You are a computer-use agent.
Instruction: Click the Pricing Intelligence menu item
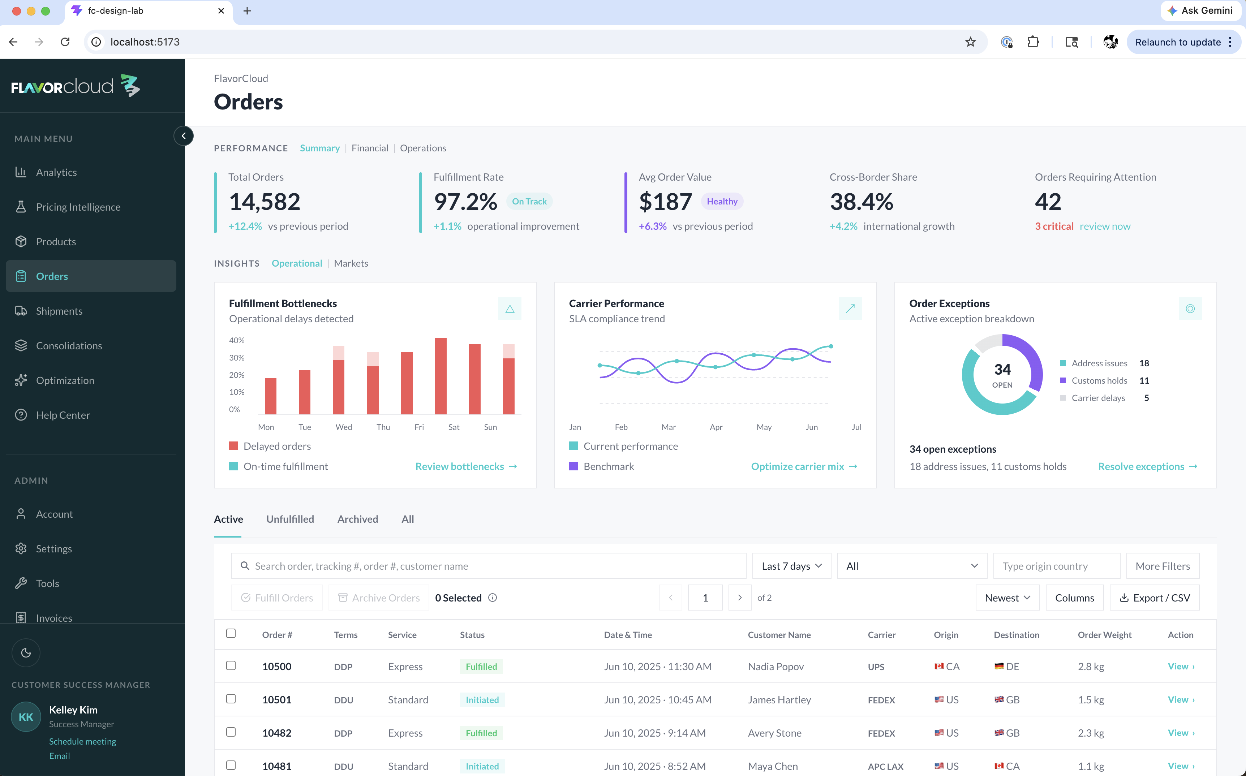[78, 207]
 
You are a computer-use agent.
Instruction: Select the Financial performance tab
[370, 148]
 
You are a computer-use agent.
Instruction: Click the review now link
[1105, 226]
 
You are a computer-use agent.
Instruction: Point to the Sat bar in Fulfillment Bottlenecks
[441, 376]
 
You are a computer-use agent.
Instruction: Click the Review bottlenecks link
[466, 466]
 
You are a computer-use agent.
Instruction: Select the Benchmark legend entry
[602, 466]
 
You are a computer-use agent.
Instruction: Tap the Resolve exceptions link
[1147, 466]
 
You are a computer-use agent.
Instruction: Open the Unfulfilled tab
[290, 519]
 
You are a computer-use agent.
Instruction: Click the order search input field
[489, 566]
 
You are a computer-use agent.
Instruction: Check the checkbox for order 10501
[231, 699]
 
